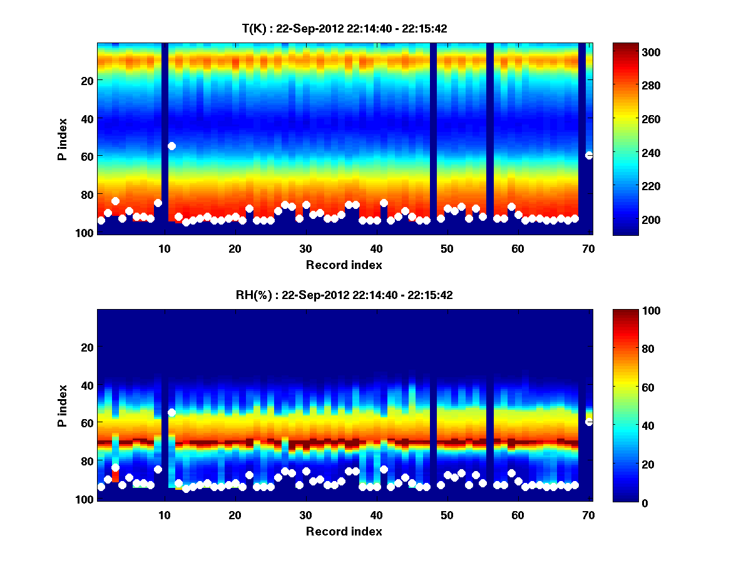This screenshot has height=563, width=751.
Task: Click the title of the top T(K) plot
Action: [344, 28]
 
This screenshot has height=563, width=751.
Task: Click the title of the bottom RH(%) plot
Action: [344, 295]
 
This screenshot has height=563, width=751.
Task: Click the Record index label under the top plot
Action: [344, 265]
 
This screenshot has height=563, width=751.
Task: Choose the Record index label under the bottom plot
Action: [344, 531]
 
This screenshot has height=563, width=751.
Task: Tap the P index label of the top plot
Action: [63, 138]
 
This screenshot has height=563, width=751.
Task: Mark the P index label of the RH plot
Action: [63, 405]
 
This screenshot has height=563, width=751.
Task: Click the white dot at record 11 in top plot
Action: [171, 146]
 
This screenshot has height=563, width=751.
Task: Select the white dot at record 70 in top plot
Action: [589, 155]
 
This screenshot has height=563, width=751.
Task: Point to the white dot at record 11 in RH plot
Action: [171, 413]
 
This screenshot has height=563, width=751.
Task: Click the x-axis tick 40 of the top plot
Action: [376, 248]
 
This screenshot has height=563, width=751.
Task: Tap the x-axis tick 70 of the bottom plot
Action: [588, 515]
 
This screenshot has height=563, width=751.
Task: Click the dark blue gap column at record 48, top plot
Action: [433, 138]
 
